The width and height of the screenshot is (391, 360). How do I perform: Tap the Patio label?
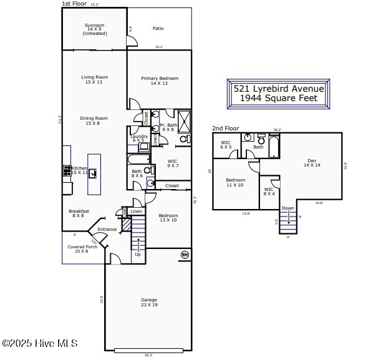(x=158, y=28)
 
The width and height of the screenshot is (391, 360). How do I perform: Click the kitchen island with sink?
(x=94, y=174)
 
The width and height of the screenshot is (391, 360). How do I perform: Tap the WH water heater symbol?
(x=185, y=255)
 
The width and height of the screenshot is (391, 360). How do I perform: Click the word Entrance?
(x=107, y=230)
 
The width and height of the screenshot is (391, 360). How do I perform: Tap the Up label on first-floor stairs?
(x=137, y=255)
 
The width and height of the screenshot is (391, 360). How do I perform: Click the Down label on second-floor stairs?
(x=287, y=208)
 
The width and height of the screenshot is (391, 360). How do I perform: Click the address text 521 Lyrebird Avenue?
(x=278, y=89)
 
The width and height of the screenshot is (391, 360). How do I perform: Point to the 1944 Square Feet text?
(x=278, y=98)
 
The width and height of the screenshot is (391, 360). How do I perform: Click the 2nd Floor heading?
(x=225, y=129)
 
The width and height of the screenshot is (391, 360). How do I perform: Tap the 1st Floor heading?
(x=74, y=4)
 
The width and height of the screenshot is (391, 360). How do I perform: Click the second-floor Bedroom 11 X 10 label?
(x=235, y=183)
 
